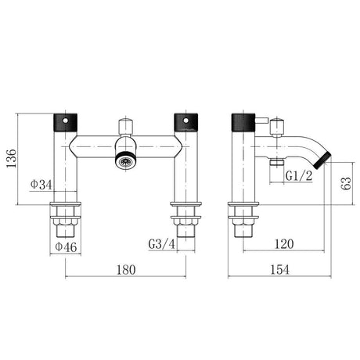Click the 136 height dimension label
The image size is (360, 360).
(x=11, y=159)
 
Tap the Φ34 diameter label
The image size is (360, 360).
(x=41, y=185)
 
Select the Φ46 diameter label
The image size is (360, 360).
(x=66, y=247)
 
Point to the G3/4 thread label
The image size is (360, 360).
(x=162, y=244)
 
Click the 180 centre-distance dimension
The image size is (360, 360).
(x=126, y=270)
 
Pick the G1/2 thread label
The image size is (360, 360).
(x=299, y=176)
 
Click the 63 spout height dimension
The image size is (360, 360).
(x=346, y=183)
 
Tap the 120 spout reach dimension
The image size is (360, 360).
(x=284, y=244)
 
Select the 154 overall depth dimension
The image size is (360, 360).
(x=279, y=269)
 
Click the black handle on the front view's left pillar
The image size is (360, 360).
(x=65, y=123)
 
